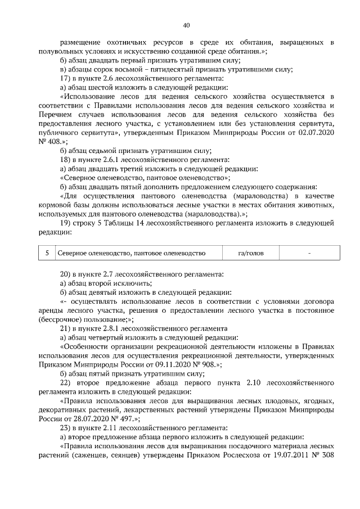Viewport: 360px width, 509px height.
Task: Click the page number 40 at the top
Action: click(186, 25)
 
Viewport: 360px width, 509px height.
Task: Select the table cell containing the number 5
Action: click(47, 254)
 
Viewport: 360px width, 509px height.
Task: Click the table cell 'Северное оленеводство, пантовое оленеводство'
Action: click(132, 254)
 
